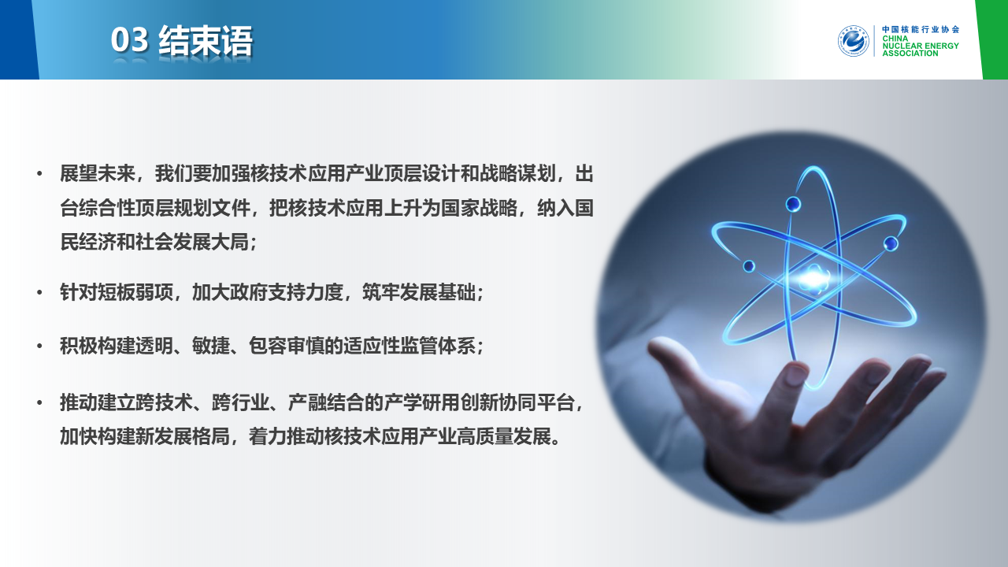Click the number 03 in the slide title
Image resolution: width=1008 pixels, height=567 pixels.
[129, 40]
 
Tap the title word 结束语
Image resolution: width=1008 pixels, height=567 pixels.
[206, 40]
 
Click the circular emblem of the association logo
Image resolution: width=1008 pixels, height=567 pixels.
[853, 41]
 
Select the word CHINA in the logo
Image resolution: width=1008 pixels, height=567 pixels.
[895, 39]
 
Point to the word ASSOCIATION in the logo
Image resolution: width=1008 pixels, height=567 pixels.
[910, 53]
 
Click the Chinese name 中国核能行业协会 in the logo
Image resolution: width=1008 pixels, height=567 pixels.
[921, 29]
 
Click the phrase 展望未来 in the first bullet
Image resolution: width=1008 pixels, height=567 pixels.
[98, 174]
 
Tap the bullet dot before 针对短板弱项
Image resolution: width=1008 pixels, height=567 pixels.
[39, 293]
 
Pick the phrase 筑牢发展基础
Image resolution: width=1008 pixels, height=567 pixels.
[419, 292]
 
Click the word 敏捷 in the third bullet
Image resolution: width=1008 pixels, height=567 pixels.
[211, 346]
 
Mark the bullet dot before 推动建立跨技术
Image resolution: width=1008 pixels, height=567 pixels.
[39, 402]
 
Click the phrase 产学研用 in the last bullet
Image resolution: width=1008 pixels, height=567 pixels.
[421, 402]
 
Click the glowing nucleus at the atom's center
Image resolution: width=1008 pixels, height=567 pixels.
[813, 278]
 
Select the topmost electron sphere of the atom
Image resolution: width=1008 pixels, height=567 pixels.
[793, 204]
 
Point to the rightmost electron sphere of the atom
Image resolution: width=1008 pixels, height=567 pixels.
[891, 243]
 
